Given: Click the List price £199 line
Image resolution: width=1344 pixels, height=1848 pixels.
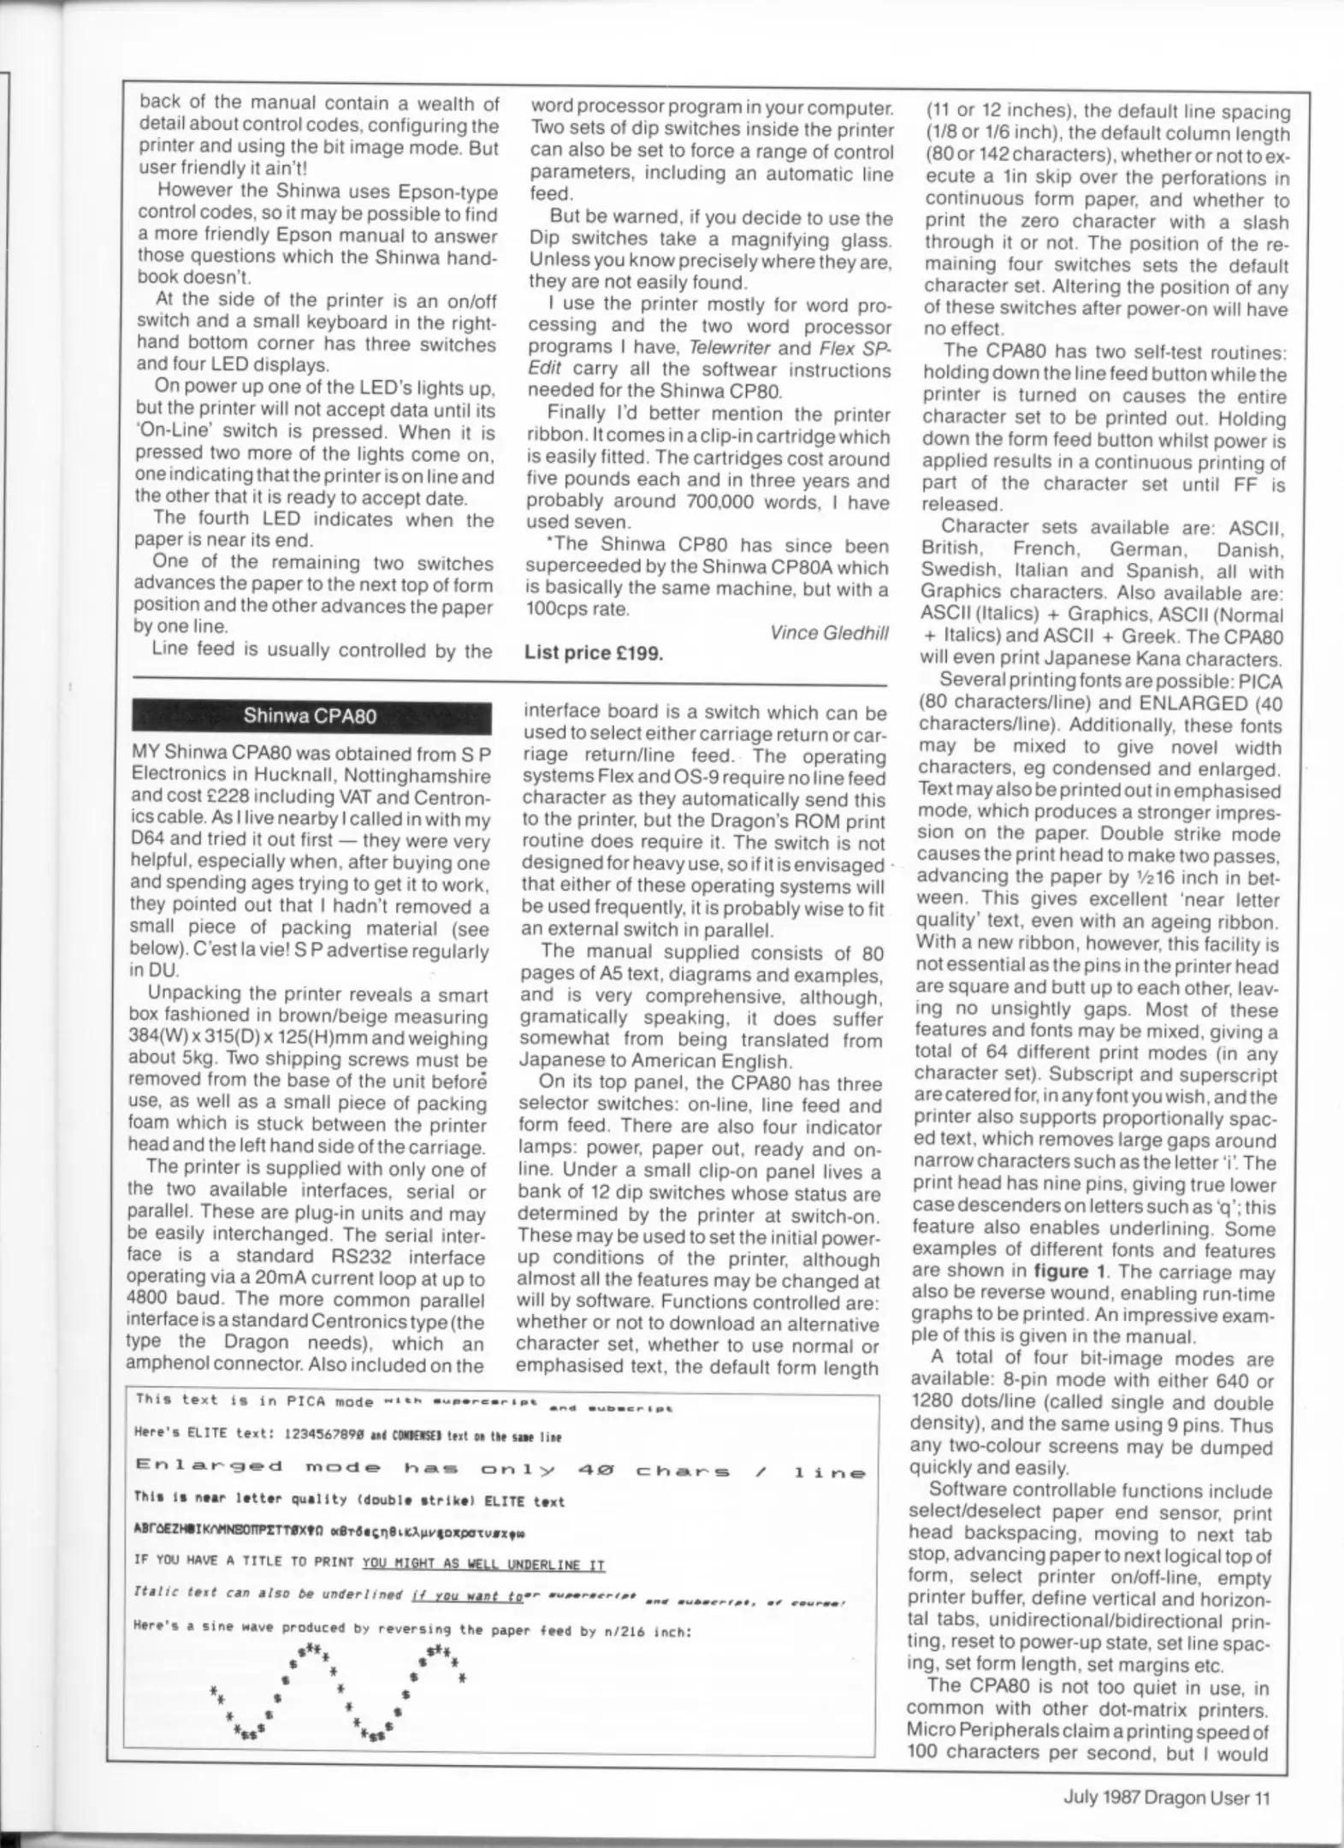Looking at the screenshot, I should (x=594, y=654).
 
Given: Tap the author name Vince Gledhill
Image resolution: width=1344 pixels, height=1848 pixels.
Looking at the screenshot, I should (x=828, y=632).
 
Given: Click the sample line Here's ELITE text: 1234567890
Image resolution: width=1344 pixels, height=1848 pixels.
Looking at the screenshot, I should (x=346, y=1436).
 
